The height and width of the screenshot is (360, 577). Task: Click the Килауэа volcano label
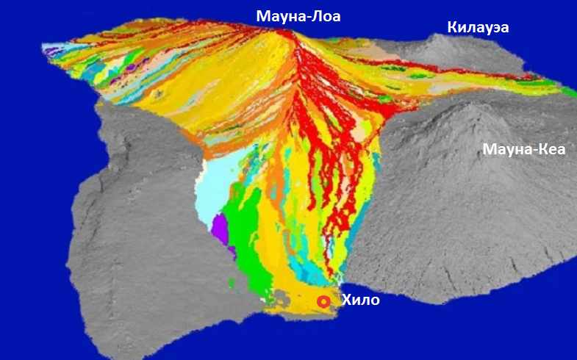pos(478,28)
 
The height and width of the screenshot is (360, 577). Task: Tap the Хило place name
pos(361,300)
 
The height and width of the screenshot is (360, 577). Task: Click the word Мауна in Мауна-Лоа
pos(279,15)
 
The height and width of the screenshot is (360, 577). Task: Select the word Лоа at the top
pos(325,15)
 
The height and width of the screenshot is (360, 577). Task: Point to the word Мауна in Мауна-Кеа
pos(507,150)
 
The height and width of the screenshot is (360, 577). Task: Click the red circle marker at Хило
pos(323,301)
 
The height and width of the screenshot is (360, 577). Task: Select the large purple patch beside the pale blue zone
pos(221,230)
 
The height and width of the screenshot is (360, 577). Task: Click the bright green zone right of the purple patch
pos(243,228)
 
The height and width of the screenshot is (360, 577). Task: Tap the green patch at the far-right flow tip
pos(570,92)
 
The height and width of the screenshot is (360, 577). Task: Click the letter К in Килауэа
pos(453,28)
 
